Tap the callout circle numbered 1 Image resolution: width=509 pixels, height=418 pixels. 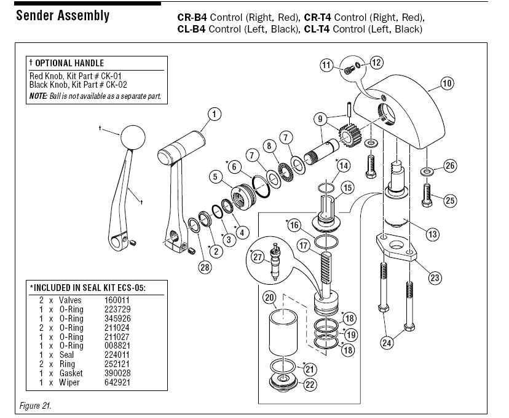coord(213,114)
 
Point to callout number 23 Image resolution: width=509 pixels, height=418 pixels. coord(435,277)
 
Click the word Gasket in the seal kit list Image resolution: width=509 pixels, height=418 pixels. coord(71,374)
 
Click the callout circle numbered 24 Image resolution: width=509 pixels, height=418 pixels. coord(386,343)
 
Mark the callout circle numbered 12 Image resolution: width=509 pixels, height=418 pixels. coord(376,61)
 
